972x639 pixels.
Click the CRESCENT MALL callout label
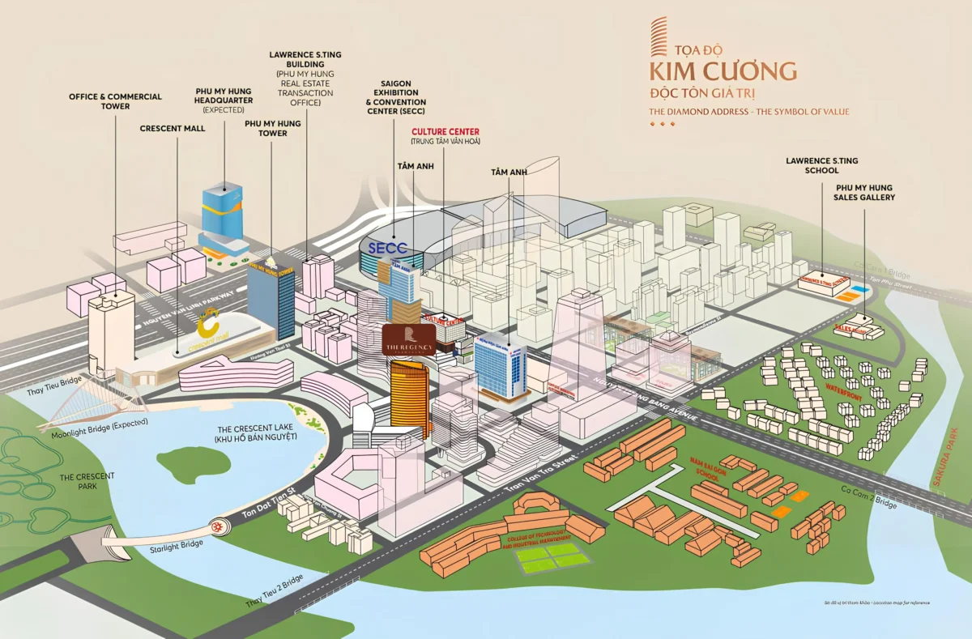[173, 129]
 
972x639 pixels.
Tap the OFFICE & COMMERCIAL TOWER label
[115, 101]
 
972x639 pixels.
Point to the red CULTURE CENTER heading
[445, 131]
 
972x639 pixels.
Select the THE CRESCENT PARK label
[87, 480]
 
